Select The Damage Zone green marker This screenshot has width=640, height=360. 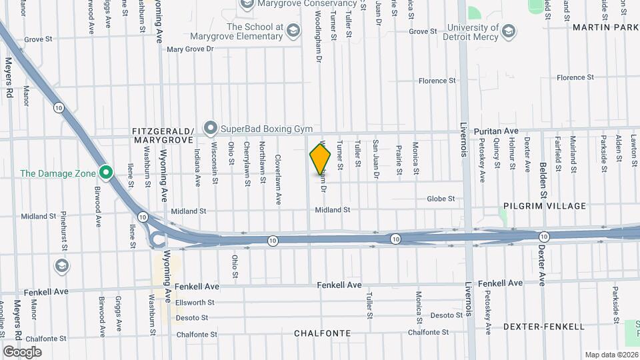(x=105, y=173)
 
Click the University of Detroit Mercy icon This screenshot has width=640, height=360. (x=509, y=32)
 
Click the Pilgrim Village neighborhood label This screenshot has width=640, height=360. (x=545, y=207)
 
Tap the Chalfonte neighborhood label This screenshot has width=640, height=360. (x=323, y=333)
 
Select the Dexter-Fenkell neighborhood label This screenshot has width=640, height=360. (x=544, y=327)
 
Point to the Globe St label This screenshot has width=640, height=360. (x=441, y=199)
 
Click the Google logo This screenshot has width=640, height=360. (x=22, y=351)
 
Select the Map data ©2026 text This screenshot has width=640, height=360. (x=611, y=355)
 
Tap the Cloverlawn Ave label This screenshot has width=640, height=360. (x=279, y=171)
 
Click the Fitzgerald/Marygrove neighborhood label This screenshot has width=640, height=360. (x=163, y=135)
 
